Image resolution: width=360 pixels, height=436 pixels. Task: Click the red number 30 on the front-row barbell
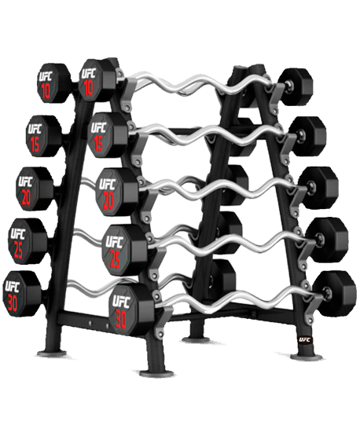tap(120, 319)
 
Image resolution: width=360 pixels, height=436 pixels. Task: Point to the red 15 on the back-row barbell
tap(35, 143)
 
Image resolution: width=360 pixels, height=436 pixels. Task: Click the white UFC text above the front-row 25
tap(114, 242)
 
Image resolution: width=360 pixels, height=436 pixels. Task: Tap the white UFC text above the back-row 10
tap(46, 76)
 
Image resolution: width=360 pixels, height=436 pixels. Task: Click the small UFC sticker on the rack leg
tap(306, 339)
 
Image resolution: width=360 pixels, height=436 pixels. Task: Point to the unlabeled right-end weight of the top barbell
tap(296, 86)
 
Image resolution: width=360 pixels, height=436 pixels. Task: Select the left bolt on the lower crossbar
tap(90, 323)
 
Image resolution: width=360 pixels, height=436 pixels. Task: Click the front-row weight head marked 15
tap(108, 135)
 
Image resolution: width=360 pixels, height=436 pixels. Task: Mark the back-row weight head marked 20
tap(35, 189)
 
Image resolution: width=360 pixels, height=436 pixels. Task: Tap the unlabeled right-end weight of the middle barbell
tap(319, 187)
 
